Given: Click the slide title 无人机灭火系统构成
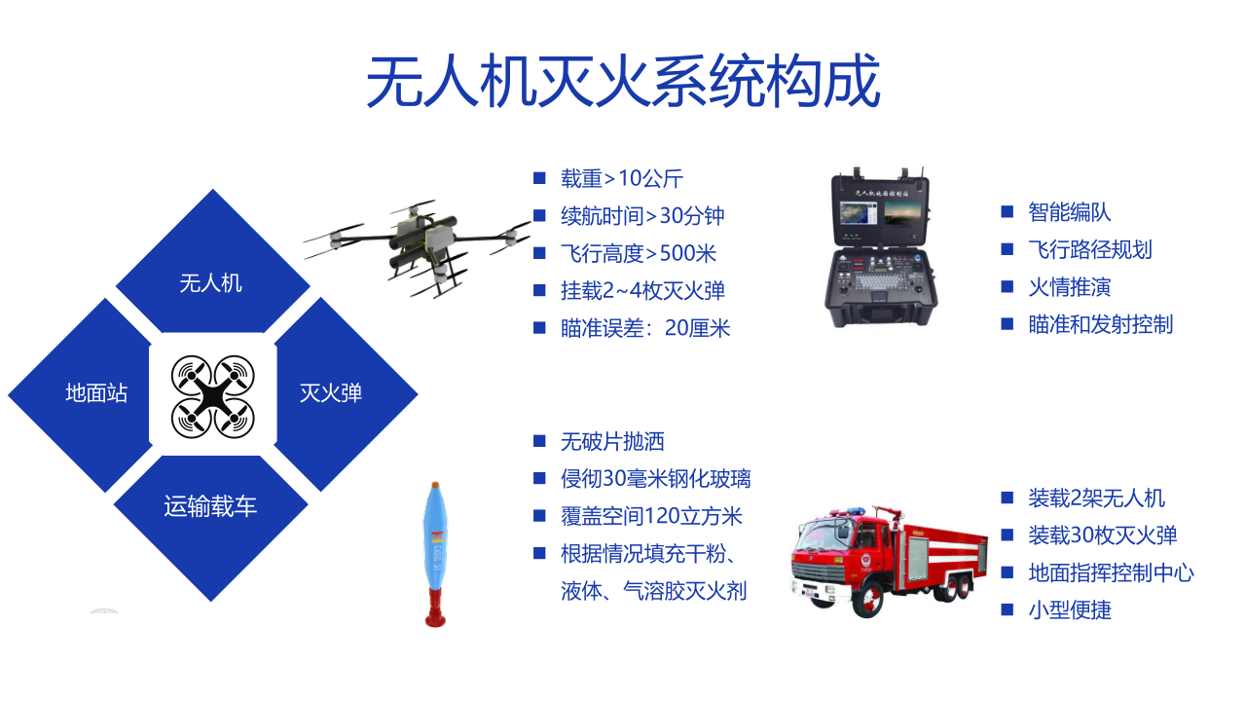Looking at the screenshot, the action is click(x=623, y=81).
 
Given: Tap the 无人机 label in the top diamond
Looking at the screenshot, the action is click(x=211, y=283).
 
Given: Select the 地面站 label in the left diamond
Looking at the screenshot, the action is click(x=96, y=392).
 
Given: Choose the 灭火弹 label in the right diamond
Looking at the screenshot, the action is click(x=331, y=392).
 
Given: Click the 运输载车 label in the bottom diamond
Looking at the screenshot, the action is click(x=210, y=506).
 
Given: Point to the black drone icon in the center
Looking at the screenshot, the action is click(x=212, y=396).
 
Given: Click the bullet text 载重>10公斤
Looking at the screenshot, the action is click(x=622, y=178).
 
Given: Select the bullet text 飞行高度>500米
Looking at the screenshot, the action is click(x=639, y=253).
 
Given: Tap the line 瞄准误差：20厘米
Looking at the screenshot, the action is click(x=645, y=328).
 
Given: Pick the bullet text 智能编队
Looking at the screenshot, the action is click(x=1069, y=212).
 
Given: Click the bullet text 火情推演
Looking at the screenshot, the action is click(x=1069, y=287).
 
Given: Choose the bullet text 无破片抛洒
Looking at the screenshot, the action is click(x=612, y=442).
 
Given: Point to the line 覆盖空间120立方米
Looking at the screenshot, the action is click(x=651, y=516).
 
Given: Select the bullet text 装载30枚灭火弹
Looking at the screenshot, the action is click(x=1103, y=535).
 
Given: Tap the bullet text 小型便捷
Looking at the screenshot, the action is click(x=1070, y=610).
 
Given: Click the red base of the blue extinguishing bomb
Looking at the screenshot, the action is click(x=435, y=609).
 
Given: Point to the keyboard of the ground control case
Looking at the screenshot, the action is click(x=880, y=281).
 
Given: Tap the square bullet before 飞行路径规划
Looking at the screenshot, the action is click(x=1007, y=249).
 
